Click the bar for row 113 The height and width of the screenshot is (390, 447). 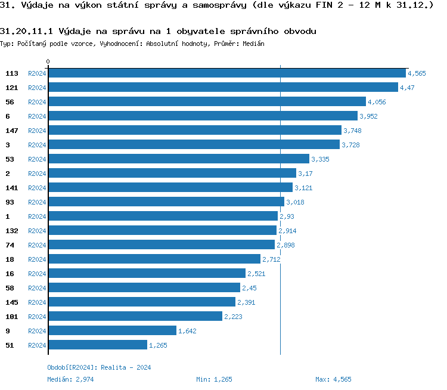(226, 73)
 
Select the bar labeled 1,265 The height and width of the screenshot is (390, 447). (98, 345)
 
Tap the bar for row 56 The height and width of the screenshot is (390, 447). (207, 101)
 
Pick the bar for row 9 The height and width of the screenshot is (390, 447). (112, 330)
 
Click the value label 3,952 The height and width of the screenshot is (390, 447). (368, 116)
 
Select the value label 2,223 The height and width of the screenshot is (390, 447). (233, 317)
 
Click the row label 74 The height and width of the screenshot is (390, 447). (10, 244)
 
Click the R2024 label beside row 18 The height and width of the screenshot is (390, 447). (37, 259)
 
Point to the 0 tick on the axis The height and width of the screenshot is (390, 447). (48, 61)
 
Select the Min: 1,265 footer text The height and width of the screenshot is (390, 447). (214, 379)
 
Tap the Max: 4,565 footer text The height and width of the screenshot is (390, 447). (333, 379)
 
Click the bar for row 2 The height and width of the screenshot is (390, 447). (172, 173)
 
